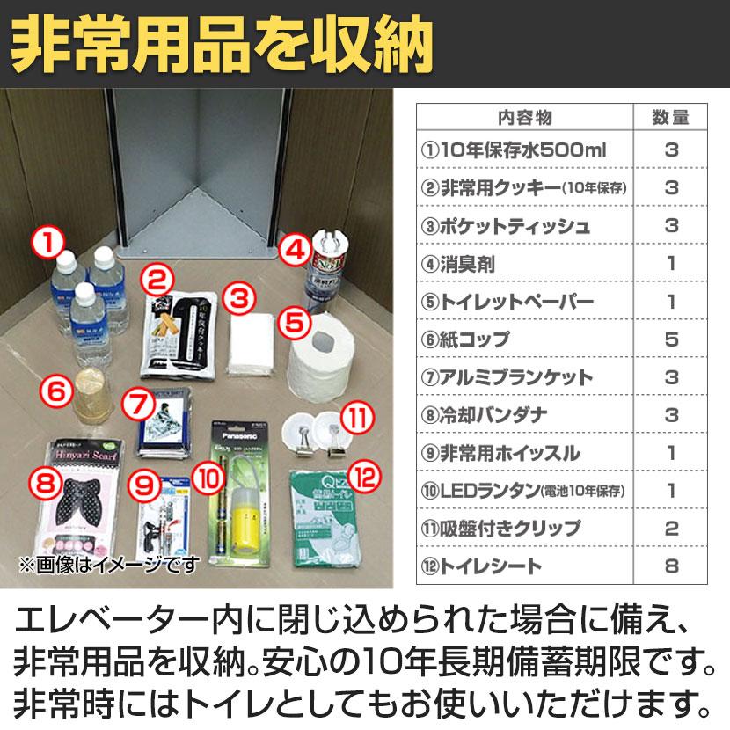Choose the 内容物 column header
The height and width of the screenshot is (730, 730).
point(524,117)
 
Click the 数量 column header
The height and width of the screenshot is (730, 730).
point(671,117)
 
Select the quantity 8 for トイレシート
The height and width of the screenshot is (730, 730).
point(671,566)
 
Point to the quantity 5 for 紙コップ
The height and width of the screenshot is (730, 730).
point(671,339)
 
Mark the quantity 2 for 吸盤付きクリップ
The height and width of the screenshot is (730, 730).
point(671,528)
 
